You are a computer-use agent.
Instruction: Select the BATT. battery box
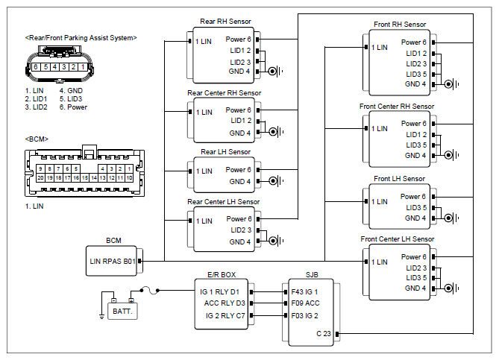122,311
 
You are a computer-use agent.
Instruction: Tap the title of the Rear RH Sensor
225,22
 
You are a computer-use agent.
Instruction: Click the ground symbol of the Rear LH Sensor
275,181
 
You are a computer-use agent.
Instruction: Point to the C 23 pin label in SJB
323,334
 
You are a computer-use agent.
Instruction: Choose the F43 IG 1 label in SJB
304,292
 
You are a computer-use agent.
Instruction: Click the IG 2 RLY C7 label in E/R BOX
225,316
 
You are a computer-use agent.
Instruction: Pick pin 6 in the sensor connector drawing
36,67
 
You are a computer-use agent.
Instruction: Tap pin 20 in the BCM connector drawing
40,178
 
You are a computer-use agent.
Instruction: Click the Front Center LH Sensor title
397,239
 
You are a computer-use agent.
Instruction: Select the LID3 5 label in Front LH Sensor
416,208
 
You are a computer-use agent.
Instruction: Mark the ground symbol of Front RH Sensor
451,84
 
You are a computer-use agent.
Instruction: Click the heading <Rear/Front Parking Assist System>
81,38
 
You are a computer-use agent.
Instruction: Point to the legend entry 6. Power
73,107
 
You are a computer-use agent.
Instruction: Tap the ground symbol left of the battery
102,316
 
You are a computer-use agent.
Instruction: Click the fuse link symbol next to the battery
150,291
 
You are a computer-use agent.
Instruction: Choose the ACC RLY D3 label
225,303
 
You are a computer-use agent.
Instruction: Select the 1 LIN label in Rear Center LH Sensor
204,221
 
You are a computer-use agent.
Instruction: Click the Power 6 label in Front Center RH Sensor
413,124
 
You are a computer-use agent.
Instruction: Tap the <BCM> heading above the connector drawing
37,139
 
